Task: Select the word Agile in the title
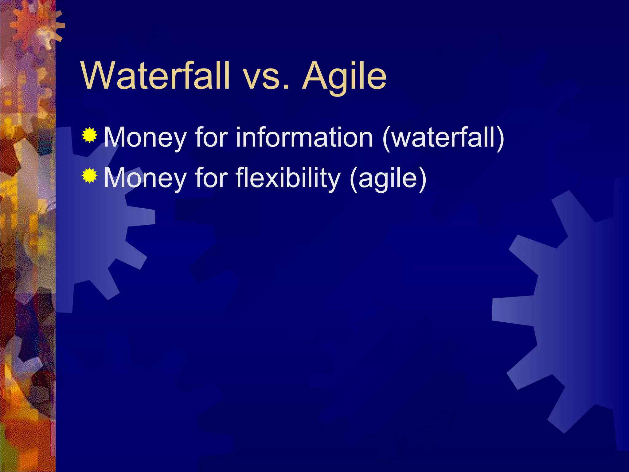(x=344, y=77)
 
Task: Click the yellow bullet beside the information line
(x=90, y=135)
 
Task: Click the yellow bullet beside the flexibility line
(x=90, y=175)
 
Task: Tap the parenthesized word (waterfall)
(x=443, y=137)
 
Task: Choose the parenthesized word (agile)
(x=388, y=178)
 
